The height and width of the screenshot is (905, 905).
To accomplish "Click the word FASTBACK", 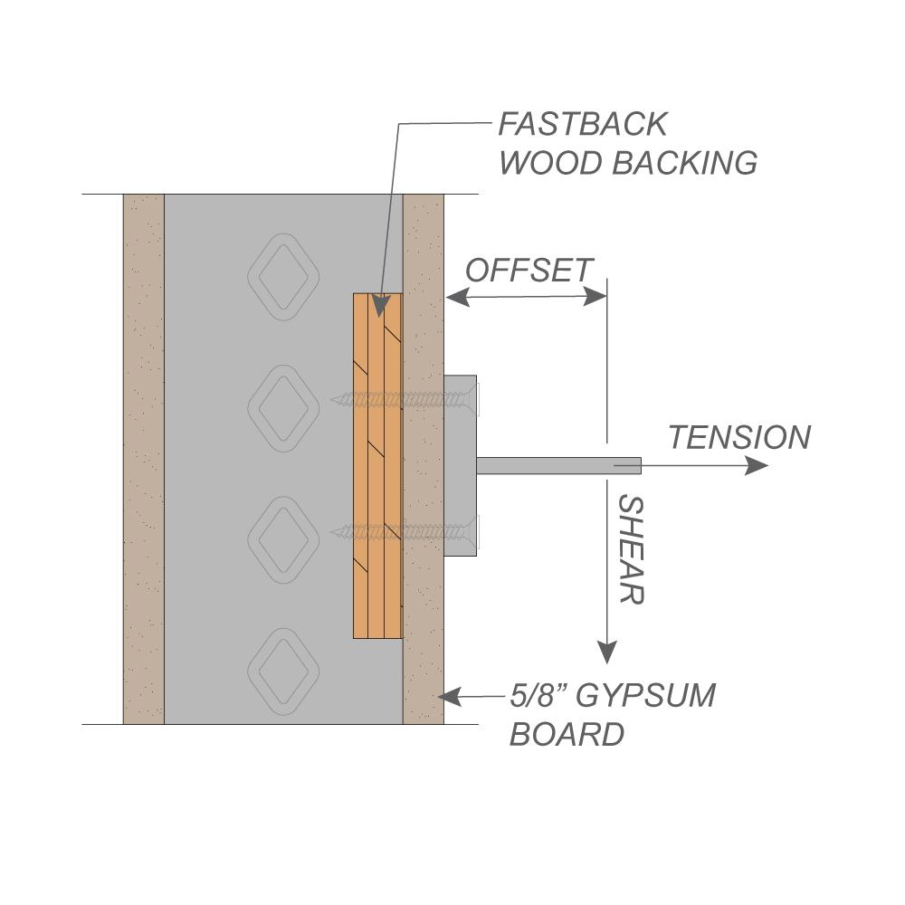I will coord(583,123).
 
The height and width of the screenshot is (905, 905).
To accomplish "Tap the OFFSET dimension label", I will coord(529,270).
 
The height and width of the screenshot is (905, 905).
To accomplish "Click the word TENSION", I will coord(739,438).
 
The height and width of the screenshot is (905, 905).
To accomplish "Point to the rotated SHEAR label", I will coord(630,549).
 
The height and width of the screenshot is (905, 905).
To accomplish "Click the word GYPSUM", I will coord(645,696).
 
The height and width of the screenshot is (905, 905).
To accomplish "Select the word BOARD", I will coord(567,734).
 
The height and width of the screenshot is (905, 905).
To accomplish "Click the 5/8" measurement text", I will coord(537,696).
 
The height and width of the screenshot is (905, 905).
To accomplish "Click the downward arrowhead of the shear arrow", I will coord(607,651).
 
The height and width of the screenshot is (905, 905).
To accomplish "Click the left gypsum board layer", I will coord(144,459).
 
